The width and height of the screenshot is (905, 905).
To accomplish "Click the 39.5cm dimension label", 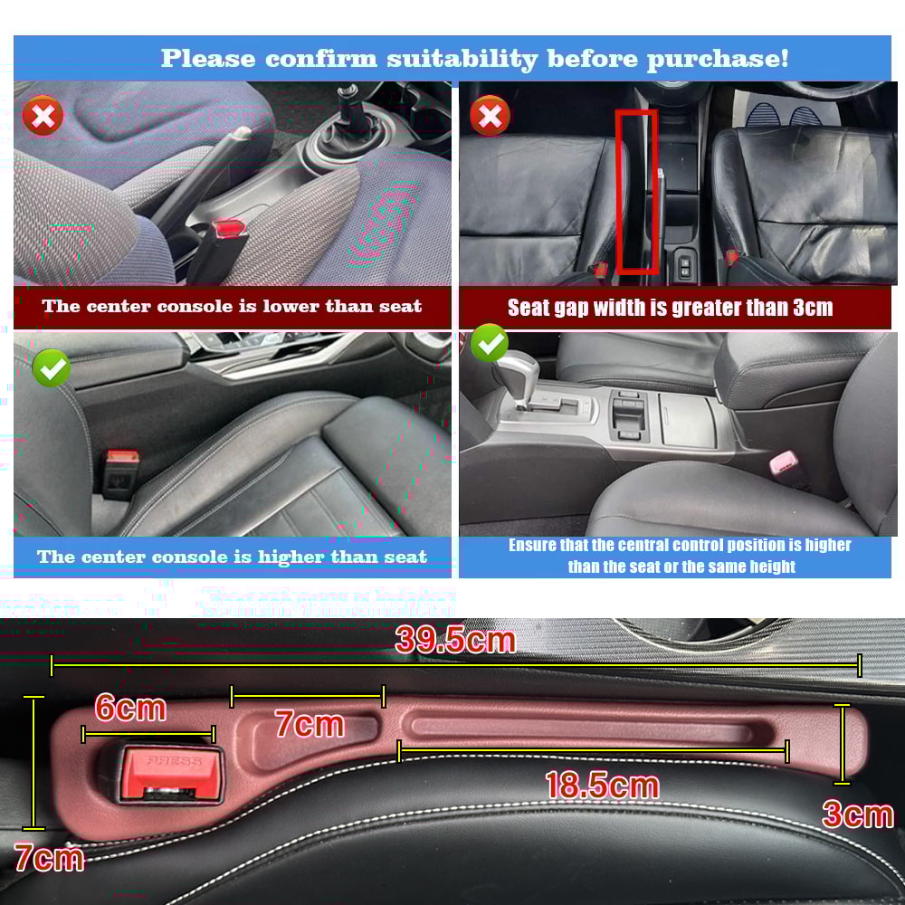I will click(x=455, y=640).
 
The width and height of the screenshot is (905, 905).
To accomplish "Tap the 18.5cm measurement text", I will click(x=601, y=785).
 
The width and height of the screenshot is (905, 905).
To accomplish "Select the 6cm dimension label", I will click(x=130, y=708).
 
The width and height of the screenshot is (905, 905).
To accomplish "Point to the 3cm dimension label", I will click(x=857, y=814).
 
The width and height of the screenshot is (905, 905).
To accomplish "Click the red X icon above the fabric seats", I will click(x=43, y=116).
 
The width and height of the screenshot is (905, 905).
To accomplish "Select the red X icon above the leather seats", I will click(x=491, y=116).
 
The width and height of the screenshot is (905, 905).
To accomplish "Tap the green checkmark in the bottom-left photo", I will click(x=52, y=367).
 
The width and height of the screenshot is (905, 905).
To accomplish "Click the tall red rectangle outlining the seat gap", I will click(x=636, y=191).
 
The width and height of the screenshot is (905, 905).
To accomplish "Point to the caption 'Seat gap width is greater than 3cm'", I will click(x=670, y=308).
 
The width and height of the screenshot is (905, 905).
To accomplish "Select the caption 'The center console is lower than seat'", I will click(x=232, y=306).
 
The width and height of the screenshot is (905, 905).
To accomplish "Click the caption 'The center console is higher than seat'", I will click(x=232, y=557).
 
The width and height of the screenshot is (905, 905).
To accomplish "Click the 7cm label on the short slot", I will click(x=310, y=724).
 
